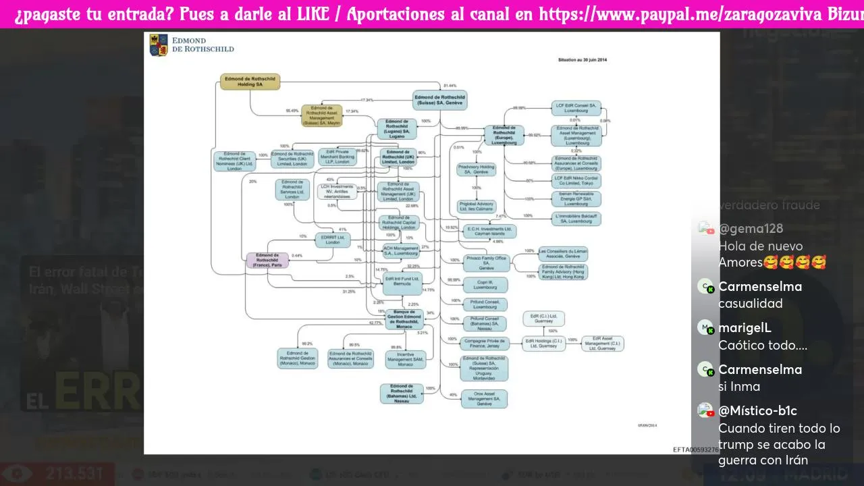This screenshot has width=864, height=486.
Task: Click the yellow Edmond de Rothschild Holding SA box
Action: (249, 82)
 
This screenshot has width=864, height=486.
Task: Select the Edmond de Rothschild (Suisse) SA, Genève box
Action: (439, 100)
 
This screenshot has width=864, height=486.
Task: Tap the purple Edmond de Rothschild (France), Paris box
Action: (267, 261)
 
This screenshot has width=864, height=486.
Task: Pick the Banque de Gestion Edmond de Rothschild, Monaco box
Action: (404, 318)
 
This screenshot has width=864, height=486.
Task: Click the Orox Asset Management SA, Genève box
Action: (484, 398)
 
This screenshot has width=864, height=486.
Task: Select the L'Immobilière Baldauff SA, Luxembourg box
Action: (576, 218)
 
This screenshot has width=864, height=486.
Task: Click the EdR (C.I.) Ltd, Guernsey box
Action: (543, 319)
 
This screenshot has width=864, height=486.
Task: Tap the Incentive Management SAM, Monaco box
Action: (406, 359)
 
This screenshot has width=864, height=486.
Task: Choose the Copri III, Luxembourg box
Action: (484, 285)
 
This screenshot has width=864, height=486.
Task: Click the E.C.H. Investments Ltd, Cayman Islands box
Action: (489, 232)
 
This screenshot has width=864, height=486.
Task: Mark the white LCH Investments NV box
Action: (337, 191)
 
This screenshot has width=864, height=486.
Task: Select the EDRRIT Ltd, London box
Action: (333, 239)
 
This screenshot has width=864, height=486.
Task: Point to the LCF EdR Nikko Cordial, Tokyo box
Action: (576, 181)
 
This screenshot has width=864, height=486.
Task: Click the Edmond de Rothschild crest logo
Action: (159, 45)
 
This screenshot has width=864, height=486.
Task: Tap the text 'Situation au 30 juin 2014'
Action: (583, 60)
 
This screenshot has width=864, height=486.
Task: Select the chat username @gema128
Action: (751, 229)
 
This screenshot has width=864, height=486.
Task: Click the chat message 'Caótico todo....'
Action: (763, 346)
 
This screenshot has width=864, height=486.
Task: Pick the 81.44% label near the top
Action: (450, 86)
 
